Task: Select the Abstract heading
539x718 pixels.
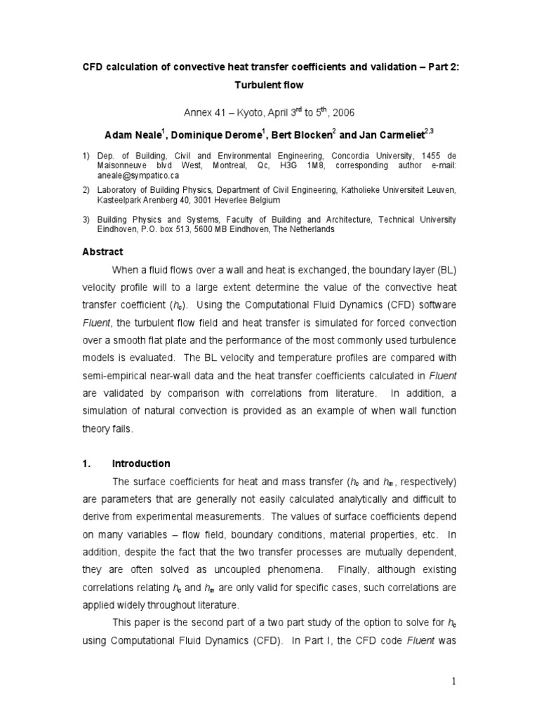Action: pos(103,252)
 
